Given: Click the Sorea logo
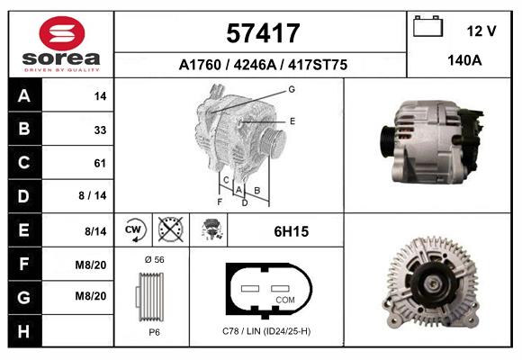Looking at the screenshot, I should [x=60, y=44].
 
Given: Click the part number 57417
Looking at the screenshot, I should [x=261, y=34].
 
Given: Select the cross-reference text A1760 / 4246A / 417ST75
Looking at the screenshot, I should [x=262, y=66].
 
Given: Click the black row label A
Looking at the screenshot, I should [x=23, y=96].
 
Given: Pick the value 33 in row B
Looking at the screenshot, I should [x=100, y=130].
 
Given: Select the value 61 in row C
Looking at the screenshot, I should [x=100, y=163].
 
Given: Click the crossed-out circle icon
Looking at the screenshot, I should [x=169, y=231].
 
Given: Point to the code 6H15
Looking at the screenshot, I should [x=291, y=231].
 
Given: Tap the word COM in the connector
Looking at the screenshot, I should [x=285, y=299].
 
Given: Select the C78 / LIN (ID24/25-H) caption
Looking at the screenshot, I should [x=266, y=332].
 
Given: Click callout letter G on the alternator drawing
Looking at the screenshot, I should [x=292, y=89].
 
